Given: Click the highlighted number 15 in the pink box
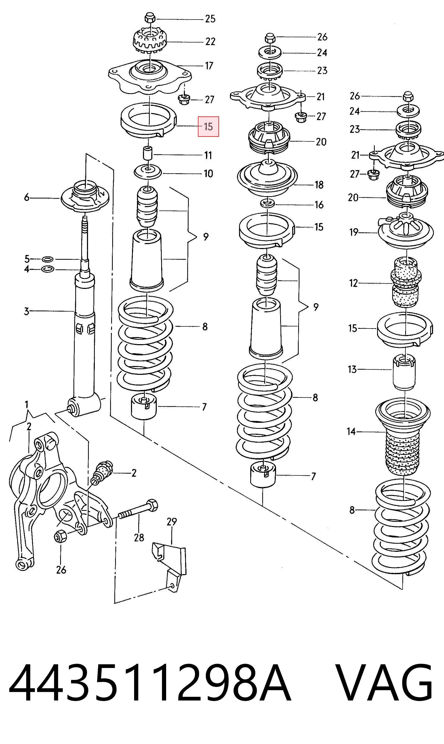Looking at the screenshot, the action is coord(208,127).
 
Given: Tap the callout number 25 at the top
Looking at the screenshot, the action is coord(210,19).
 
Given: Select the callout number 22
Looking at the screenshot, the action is coord(210,41).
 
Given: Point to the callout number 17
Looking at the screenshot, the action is coord(209,66).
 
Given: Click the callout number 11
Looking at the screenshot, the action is coord(208,155).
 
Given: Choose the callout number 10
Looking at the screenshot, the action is coord(208,173).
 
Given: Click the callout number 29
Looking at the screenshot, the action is coord(172,522).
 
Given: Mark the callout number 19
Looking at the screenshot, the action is coord(354,232).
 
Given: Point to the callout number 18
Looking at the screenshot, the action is coord(319,185).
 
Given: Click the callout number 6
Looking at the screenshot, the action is coord(27,197).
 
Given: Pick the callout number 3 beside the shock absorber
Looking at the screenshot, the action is coord(27,311).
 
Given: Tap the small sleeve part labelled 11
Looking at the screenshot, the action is coord(147,153).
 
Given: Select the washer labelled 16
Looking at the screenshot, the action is coord(267,204).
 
